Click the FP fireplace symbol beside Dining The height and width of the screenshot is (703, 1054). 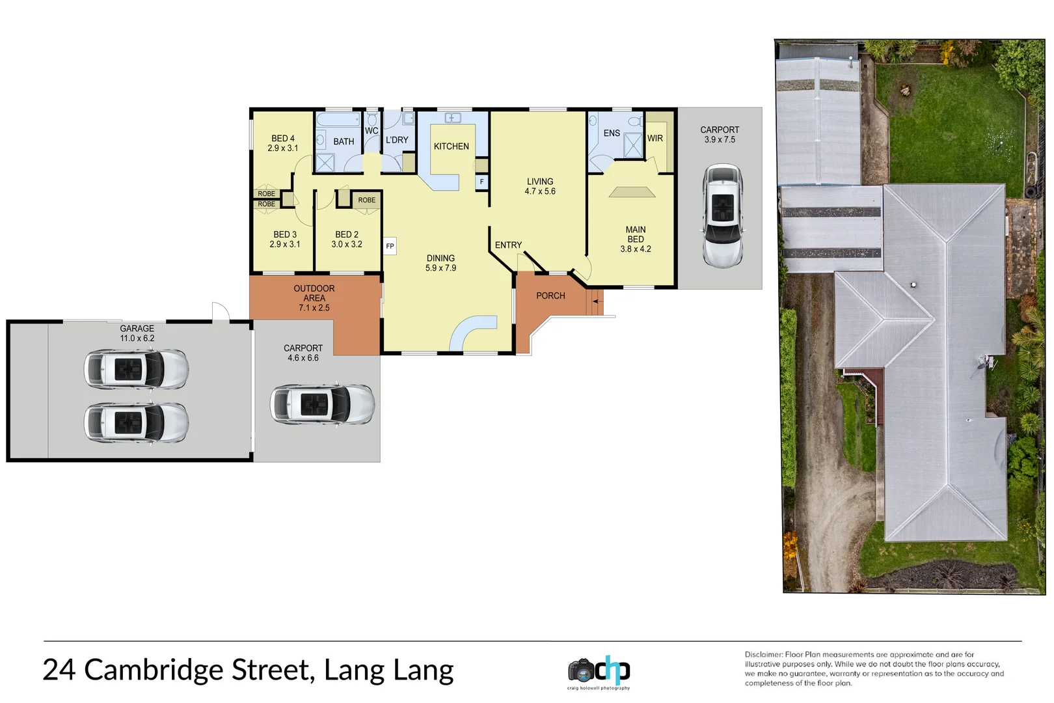pos(390,246)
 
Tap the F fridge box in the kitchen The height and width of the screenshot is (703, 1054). pos(481,182)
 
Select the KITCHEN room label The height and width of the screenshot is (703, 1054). pos(451,146)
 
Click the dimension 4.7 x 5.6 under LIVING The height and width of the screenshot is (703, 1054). pos(540,191)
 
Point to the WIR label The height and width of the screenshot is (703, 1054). pos(655,139)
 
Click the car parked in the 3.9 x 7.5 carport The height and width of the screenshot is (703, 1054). pos(722,216)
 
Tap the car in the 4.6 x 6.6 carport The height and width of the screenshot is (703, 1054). pos(322,404)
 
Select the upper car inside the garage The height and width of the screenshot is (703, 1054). pos(136,369)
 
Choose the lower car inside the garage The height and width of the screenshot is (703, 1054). pos(136,422)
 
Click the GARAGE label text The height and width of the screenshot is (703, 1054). pos(137,329)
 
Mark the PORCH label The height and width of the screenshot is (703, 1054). pos(550,296)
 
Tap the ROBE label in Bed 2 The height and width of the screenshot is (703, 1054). pos(366,200)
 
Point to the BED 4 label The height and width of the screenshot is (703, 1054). pos(282,139)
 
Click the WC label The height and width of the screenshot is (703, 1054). pos(372,131)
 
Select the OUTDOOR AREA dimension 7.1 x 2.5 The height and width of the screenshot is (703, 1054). pos(314,308)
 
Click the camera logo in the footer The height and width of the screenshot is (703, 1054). pos(581,670)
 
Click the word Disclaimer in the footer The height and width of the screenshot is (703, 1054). pos(763,654)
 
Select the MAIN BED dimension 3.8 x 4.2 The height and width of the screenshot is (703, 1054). pos(635,249)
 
